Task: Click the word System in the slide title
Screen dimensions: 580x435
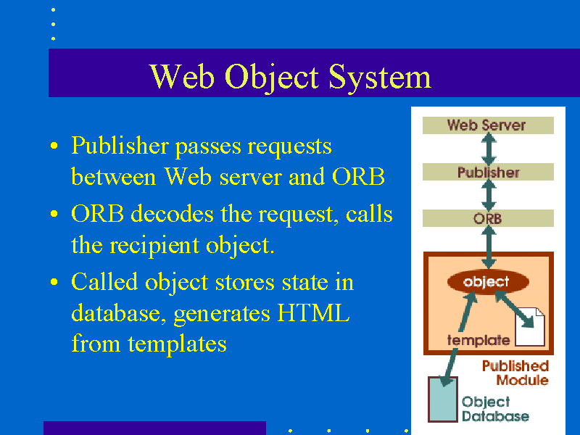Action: pos(380,78)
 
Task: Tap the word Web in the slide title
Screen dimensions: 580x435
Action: pos(182,76)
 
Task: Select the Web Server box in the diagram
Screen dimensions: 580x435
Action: pos(488,125)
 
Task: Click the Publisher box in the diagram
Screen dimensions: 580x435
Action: pos(488,172)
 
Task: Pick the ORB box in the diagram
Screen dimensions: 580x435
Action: pos(488,218)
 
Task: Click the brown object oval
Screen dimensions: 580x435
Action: pos(488,282)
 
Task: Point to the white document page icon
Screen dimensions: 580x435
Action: pos(530,327)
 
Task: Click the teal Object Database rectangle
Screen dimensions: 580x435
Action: pos(443,399)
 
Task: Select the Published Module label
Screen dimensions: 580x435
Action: pos(515,373)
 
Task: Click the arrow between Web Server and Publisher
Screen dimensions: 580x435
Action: pos(489,149)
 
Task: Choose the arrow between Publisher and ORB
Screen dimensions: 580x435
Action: pos(489,195)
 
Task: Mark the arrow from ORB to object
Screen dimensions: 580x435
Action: pos(489,247)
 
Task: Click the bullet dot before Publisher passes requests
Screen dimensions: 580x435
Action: pos(54,146)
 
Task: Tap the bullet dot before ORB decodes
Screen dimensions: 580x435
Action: pos(54,214)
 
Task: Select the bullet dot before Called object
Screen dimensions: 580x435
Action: pos(54,282)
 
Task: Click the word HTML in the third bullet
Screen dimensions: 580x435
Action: pos(313,313)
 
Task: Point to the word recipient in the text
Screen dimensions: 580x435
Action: pos(154,246)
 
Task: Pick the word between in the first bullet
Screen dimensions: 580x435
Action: pos(113,177)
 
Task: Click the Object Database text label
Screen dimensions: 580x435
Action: pos(495,409)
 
